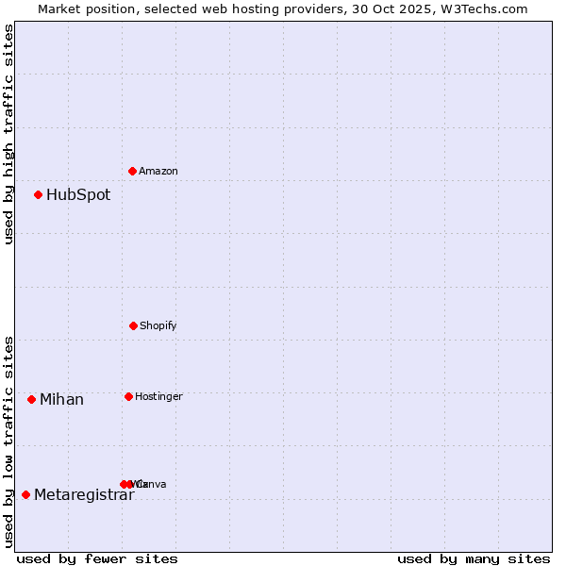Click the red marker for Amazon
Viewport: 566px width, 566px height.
[x=132, y=171]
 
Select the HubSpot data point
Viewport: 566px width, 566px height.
[x=38, y=194]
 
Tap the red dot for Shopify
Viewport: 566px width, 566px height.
[x=133, y=325]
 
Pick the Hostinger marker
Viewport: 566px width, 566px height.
[x=128, y=396]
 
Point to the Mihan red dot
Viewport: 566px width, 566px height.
[x=31, y=399]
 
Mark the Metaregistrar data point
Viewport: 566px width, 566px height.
[x=25, y=494]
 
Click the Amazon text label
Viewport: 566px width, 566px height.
[x=158, y=171]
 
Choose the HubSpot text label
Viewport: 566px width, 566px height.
[x=78, y=195]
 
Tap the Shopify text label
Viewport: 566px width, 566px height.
[x=158, y=325]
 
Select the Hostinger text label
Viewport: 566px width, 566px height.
[x=158, y=396]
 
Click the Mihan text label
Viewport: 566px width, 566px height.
[x=61, y=400]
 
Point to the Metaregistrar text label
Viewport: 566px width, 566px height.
[x=84, y=495]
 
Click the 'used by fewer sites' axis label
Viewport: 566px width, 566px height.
[x=97, y=558]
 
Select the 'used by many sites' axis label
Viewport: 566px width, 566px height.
[x=474, y=558]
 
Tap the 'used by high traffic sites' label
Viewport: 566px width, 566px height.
[x=8, y=134]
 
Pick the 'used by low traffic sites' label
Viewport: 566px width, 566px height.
[x=8, y=441]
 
